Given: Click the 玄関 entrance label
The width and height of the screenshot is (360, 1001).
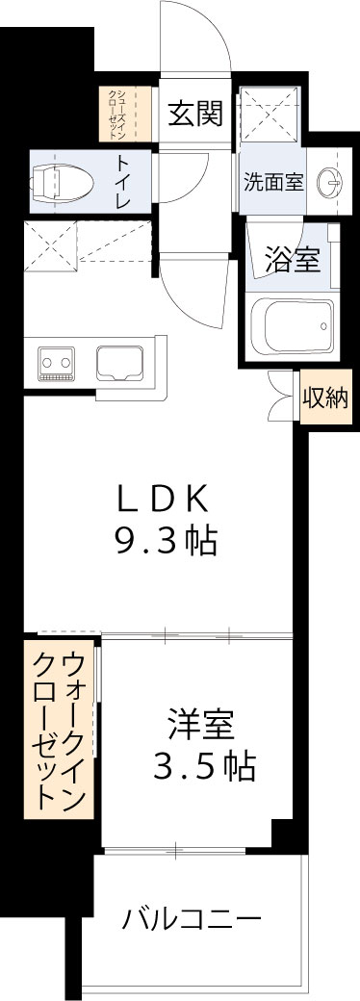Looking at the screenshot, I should click(x=195, y=115).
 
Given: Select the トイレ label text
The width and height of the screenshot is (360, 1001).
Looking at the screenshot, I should click(x=125, y=180).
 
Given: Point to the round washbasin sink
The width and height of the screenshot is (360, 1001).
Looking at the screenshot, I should click(x=330, y=181).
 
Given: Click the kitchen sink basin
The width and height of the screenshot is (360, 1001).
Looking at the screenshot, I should click(x=119, y=362).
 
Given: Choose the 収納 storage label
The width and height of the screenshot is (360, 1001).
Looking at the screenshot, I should click(x=325, y=398).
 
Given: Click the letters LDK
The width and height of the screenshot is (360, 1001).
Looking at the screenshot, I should click(x=162, y=499).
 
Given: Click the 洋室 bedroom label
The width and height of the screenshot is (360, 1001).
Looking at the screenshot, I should click(x=201, y=723).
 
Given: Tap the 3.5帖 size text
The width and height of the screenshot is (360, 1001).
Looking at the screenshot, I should click(x=204, y=765).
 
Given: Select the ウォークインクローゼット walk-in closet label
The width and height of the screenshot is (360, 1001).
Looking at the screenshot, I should click(x=61, y=729).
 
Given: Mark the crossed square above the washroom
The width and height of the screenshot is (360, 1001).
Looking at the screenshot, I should click(x=272, y=114).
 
